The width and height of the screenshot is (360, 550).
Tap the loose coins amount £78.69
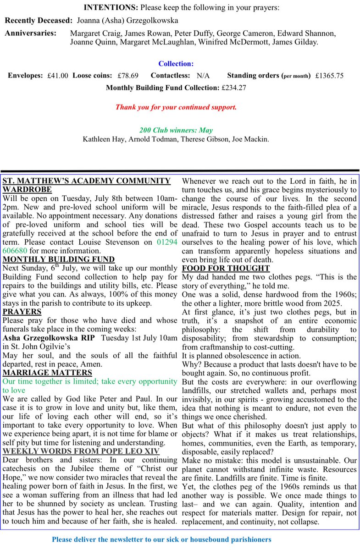pyautogui.click(x=128, y=76)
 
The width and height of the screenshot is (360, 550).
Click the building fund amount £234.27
pyautogui.click(x=233, y=88)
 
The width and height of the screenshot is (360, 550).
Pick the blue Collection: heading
pyautogui.click(x=176, y=64)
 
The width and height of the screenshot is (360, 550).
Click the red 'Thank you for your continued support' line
pyautogui.click(x=176, y=107)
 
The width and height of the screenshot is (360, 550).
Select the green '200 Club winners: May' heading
pyautogui.click(x=176, y=130)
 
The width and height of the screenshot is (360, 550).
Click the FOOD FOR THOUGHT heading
pyautogui.click(x=226, y=268)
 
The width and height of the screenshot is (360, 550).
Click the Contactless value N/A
pyautogui.click(x=203, y=76)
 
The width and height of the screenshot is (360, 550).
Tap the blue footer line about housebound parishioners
pyautogui.click(x=161, y=539)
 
